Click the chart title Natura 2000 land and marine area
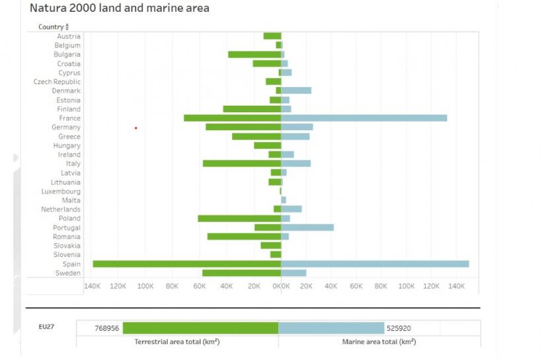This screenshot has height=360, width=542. point(120,9)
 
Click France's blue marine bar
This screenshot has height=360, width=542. point(364,118)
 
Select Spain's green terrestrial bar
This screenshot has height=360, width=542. point(186,264)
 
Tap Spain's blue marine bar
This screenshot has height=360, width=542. point(375,264)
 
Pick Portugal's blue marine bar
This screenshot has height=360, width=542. point(307,227)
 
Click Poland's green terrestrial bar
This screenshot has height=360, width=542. point(239,218)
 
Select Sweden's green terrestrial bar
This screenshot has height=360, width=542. point(241,273)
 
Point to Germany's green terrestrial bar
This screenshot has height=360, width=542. point(243,127)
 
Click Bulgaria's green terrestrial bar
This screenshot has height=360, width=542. point(254,54)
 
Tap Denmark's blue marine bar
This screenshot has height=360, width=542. point(296,90)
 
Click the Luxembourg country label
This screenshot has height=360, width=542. point(61,192)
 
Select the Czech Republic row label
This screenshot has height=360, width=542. point(57,82)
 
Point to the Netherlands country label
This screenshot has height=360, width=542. point(61,209)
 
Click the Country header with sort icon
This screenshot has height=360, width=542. point(54,27)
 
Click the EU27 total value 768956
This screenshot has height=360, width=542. point(106,328)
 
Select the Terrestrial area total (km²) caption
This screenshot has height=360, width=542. point(177,342)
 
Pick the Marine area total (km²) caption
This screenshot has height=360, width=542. point(379,342)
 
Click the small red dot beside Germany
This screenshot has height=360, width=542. point(135,127)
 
